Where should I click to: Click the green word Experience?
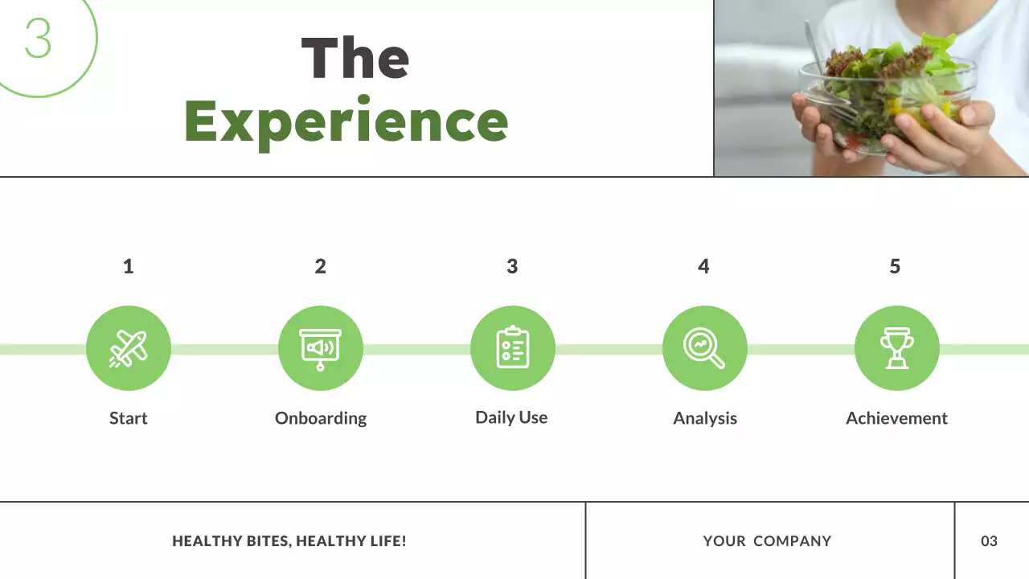346,121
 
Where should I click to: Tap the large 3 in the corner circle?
38,38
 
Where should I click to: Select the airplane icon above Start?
129,348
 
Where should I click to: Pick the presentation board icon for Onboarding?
320,348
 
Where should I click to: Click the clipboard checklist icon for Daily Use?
512,348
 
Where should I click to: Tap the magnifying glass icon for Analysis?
704,348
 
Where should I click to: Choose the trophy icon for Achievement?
896,348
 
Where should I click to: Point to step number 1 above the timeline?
128,266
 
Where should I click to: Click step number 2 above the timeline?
320,266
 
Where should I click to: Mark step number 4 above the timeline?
703,266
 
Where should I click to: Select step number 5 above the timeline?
895,266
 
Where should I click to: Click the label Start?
129,418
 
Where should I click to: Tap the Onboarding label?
321,418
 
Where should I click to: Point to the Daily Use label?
511,417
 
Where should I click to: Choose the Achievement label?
896,418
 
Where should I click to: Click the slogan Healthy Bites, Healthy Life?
289,541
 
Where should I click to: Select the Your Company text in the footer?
767,541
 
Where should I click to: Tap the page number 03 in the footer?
989,541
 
